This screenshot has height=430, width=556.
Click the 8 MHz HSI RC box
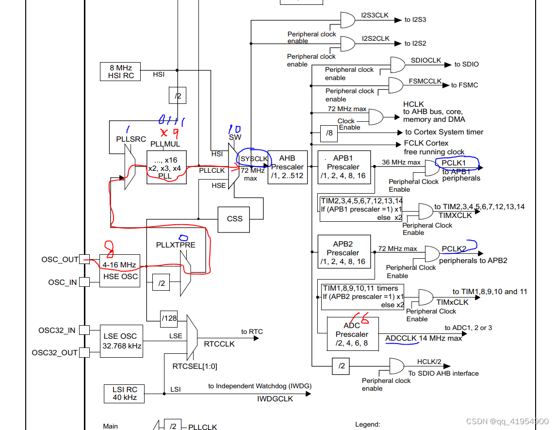pos(120,71)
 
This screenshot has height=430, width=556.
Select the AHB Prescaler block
pos(287,167)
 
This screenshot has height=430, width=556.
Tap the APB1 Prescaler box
pos(343,167)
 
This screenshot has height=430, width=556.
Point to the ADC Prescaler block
pos(352,334)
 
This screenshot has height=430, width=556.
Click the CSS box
pos(234,219)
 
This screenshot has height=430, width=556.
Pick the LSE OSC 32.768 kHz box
pos(121,341)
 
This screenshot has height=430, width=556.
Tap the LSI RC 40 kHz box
pos(124,394)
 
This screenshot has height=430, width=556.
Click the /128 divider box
pos(169,318)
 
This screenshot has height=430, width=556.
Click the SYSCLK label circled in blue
pos(254,159)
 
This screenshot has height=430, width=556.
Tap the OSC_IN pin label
pos(62,282)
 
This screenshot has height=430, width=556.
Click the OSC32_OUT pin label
pos(54,352)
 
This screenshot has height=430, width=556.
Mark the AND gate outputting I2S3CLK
pos(348,20)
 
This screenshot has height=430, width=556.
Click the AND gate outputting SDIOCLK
pos(397,64)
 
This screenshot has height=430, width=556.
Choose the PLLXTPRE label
pos(176,245)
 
